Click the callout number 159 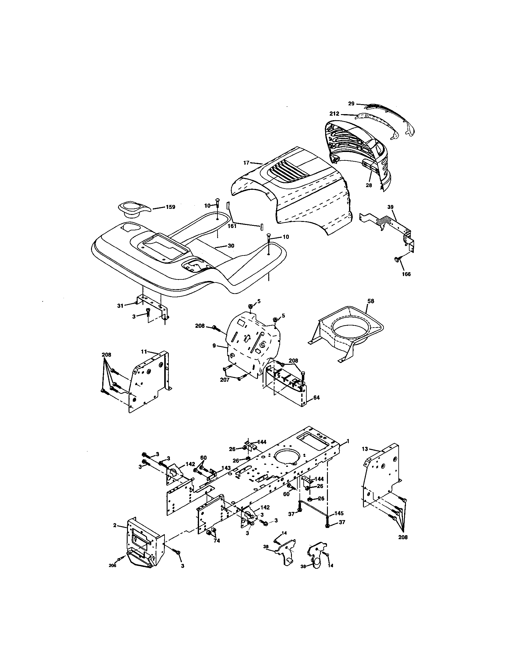pyautogui.click(x=170, y=207)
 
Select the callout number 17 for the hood pyautogui.click(x=246, y=163)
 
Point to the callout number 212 pyautogui.click(x=334, y=114)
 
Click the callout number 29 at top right pyautogui.click(x=351, y=104)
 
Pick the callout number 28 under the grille pyautogui.click(x=369, y=185)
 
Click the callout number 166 pyautogui.click(x=406, y=274)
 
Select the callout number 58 pyautogui.click(x=371, y=301)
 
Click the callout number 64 pyautogui.click(x=316, y=398)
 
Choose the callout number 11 pyautogui.click(x=144, y=351)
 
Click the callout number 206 pyautogui.click(x=113, y=566)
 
